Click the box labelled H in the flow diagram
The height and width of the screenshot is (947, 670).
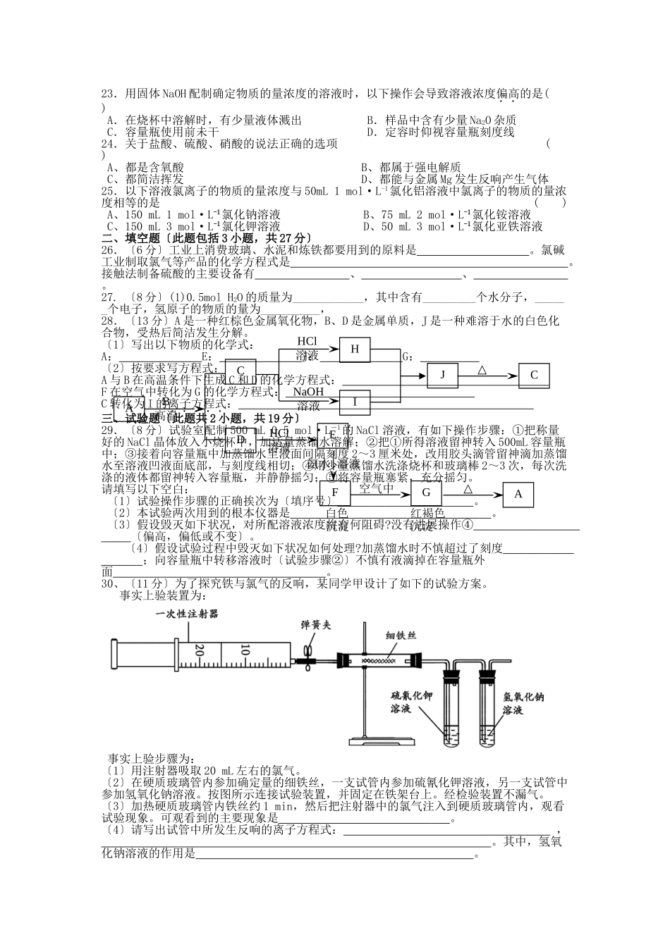[355, 349]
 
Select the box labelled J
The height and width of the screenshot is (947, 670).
[443, 375]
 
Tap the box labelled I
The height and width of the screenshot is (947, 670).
[355, 402]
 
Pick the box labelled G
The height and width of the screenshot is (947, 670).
[426, 493]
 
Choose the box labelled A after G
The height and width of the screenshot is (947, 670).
[518, 494]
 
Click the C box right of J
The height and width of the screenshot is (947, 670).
[534, 375]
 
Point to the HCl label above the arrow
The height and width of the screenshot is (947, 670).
[307, 342]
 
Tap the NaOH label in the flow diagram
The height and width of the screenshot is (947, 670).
[308, 392]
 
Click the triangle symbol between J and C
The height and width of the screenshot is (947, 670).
[482, 369]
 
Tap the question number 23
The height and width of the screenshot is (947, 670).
[109, 93]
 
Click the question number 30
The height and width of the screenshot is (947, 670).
[109, 583]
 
